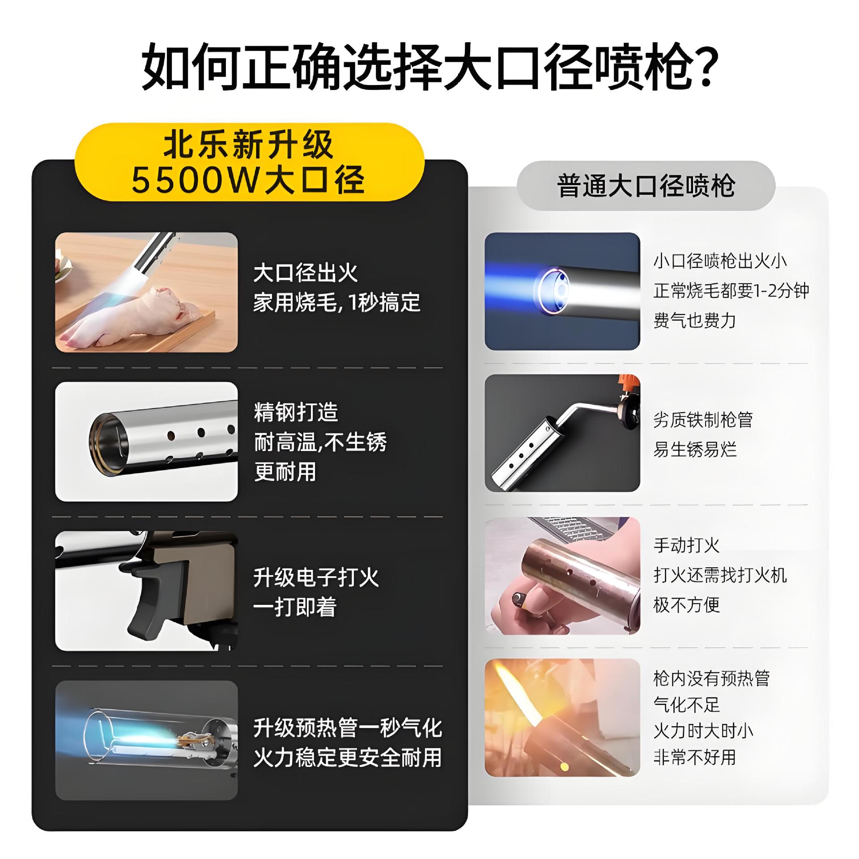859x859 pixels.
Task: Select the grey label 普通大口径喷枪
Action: point(646,186)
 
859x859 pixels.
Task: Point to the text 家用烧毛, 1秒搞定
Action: point(336,303)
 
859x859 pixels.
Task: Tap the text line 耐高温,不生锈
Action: point(320,442)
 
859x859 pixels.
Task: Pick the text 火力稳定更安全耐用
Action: point(348,757)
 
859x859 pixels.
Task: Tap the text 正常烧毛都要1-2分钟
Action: point(731,291)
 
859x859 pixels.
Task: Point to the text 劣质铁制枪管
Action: point(703,420)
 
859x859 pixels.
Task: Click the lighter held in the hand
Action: point(520,599)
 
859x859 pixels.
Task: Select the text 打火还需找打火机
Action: point(720,575)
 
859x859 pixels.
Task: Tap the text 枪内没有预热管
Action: point(711,679)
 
